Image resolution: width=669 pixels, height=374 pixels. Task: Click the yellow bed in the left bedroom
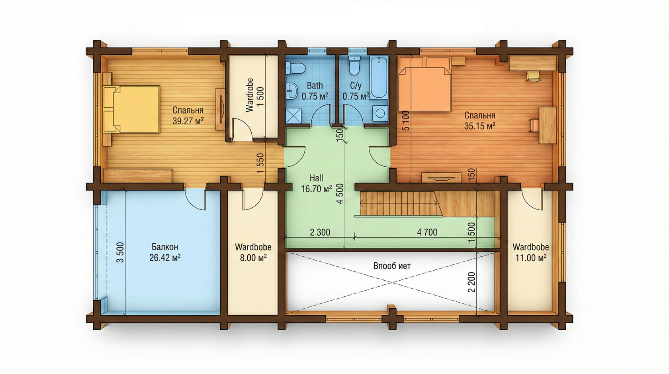131,109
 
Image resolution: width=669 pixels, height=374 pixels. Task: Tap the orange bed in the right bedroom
424,89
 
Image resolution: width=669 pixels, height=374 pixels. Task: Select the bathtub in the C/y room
379,78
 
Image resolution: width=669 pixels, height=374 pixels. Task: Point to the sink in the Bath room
292,91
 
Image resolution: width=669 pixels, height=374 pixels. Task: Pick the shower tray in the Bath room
293,116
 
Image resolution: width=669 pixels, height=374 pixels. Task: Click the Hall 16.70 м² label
316,183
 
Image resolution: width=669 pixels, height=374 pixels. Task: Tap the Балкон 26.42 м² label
165,252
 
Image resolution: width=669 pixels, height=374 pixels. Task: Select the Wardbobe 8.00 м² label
253,252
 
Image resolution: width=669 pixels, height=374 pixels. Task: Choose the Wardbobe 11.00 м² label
531,252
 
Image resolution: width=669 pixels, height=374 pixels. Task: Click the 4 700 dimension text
427,232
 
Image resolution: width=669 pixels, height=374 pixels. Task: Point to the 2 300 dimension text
320,232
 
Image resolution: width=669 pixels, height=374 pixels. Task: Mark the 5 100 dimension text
405,121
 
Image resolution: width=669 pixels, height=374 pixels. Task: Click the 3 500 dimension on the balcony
120,252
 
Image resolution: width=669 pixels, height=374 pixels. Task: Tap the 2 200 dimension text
471,282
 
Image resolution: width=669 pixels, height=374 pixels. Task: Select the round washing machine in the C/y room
380,113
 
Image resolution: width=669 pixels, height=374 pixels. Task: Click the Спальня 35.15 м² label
479,120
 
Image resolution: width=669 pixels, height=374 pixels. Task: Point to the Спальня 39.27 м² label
188,115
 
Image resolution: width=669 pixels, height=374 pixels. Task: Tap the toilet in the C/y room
354,67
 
